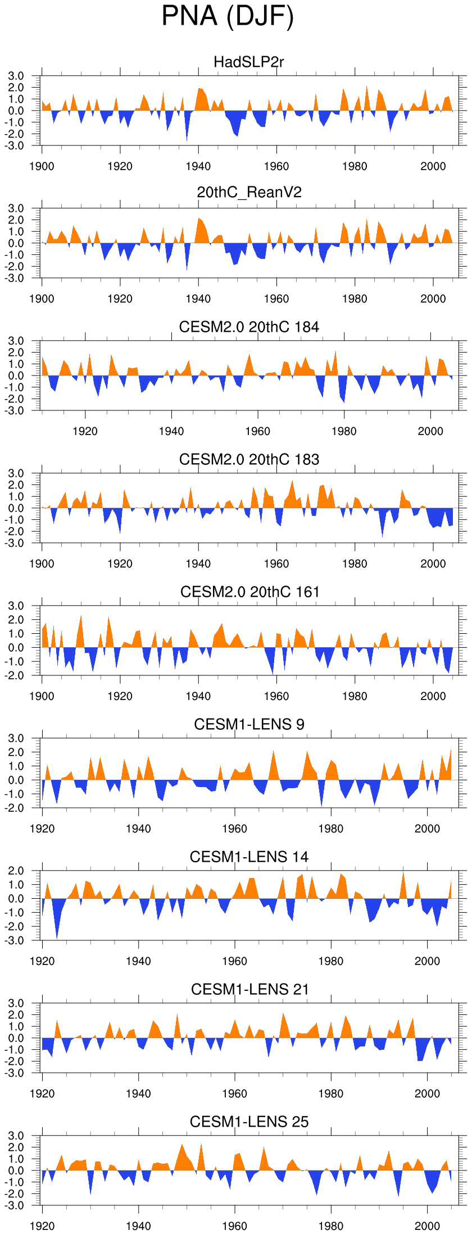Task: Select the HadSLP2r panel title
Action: click(x=249, y=62)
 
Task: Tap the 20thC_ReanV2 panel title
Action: click(x=249, y=193)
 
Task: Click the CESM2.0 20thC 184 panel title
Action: click(x=249, y=327)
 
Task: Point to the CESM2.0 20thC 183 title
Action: click(x=249, y=459)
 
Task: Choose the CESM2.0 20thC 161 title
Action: click(x=249, y=592)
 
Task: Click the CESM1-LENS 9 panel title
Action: click(x=249, y=724)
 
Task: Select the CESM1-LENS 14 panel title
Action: click(x=249, y=857)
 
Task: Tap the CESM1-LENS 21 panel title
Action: click(x=249, y=989)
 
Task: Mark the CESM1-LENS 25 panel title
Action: click(x=249, y=1122)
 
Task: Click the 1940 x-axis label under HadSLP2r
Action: click(x=198, y=166)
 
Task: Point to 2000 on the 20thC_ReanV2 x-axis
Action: click(x=433, y=299)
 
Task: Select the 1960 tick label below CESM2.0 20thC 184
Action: click(x=257, y=431)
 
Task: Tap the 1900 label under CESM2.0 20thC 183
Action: click(x=42, y=564)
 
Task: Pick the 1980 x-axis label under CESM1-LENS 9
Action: click(x=331, y=829)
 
